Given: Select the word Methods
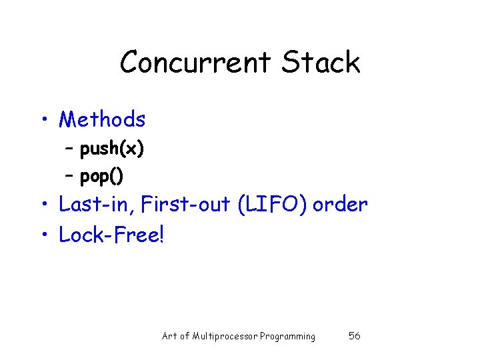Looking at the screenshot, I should click(102, 119).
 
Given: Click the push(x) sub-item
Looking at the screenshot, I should click(111, 149).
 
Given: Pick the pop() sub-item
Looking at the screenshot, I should click(101, 177).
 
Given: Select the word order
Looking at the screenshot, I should click(340, 204).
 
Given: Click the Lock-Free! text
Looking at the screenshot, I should click(111, 235).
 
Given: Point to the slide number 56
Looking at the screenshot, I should click(355, 336).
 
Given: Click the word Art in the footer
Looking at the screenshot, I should click(169, 336).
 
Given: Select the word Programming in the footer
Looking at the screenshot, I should click(287, 336).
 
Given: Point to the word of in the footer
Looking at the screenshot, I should click(185, 336).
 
